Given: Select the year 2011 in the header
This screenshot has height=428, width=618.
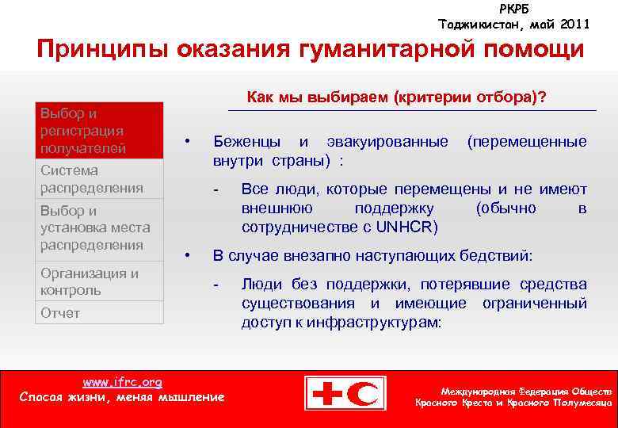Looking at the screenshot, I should click(574, 24).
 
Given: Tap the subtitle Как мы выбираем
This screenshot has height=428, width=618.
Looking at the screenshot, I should click(395, 97).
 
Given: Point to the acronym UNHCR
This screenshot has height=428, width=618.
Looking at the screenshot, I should click(407, 226).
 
